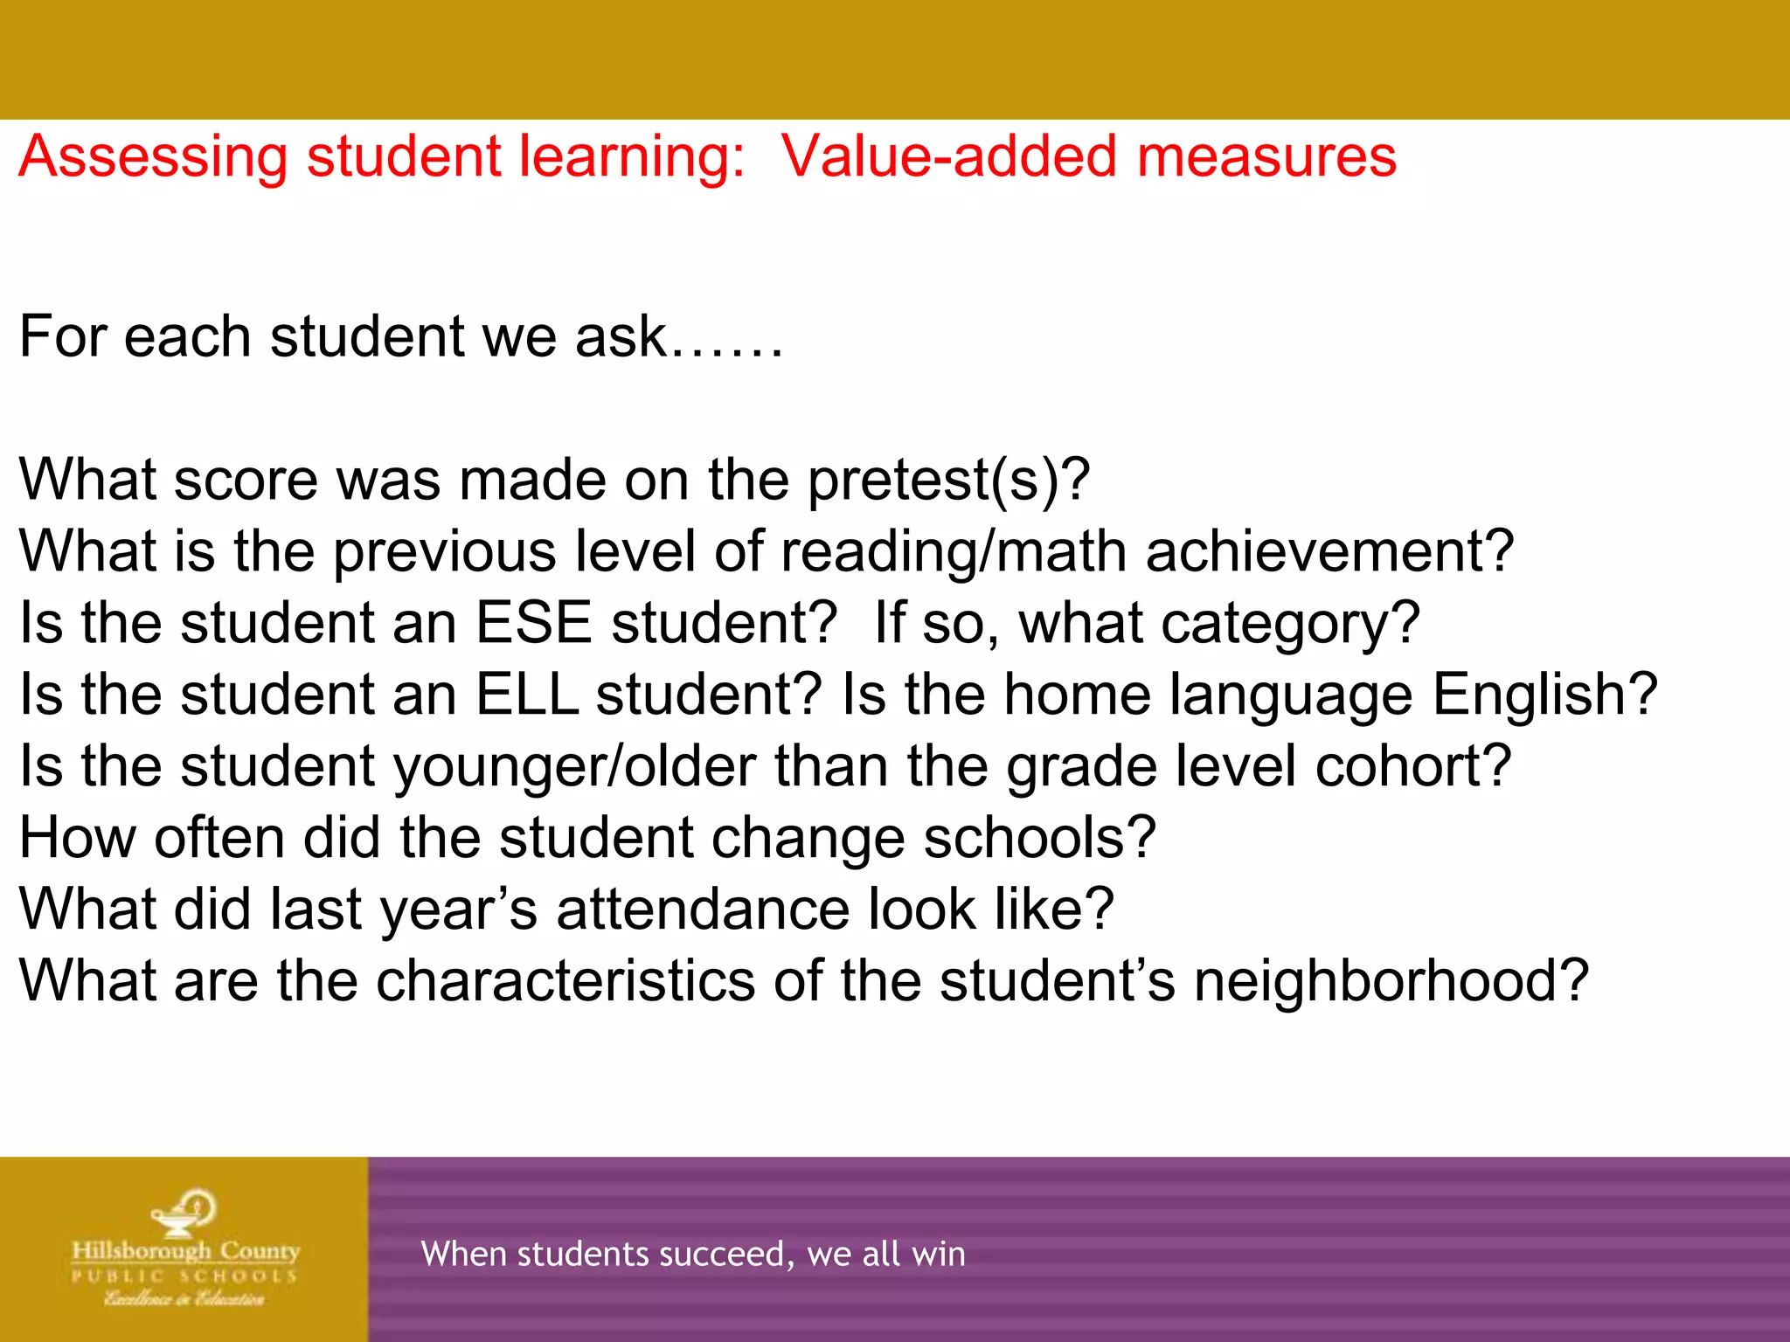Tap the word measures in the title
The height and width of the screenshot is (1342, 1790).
coord(1266,157)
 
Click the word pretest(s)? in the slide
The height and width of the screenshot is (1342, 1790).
coord(948,481)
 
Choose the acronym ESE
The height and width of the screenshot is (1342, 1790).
coord(534,624)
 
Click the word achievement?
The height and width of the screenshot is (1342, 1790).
coord(1329,553)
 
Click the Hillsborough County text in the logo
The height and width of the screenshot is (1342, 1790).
coord(185,1252)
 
